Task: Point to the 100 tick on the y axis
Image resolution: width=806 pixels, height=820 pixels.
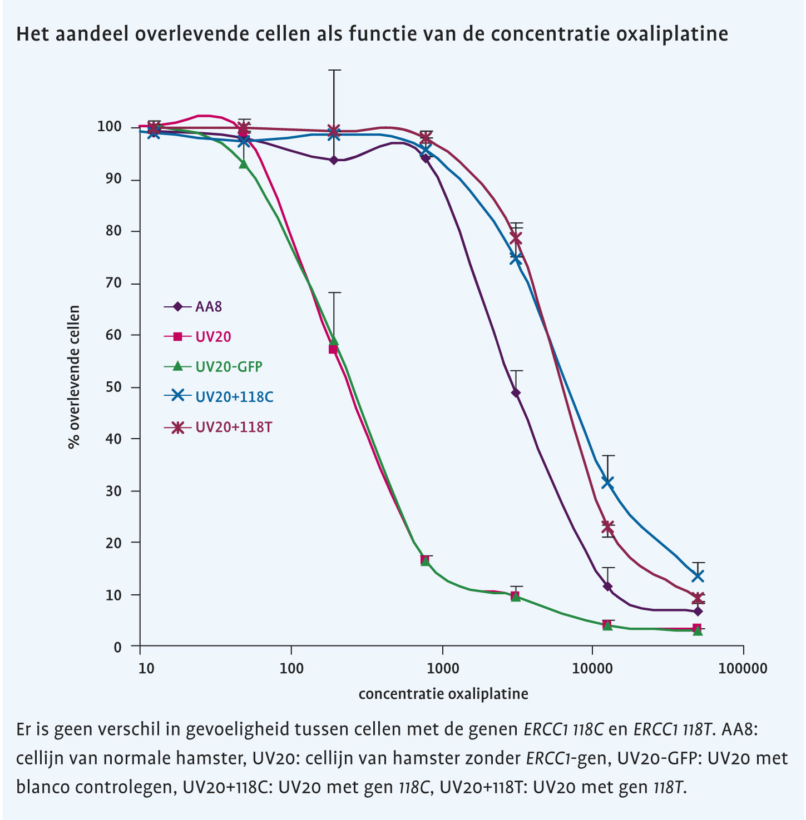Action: coord(110,127)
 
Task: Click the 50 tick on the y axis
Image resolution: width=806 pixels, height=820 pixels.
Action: coord(113,387)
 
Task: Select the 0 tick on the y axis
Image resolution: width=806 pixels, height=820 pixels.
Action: coord(117,647)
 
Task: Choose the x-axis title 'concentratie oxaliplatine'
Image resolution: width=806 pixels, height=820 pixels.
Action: coord(443,693)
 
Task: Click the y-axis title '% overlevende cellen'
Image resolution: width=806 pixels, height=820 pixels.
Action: coord(74,377)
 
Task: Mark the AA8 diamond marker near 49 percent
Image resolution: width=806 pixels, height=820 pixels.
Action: coord(516,392)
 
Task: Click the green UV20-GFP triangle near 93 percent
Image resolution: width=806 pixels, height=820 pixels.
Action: coord(243,163)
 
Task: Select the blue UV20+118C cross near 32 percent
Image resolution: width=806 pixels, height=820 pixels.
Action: coord(607,483)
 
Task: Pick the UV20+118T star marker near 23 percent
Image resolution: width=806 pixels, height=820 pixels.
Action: coord(607,527)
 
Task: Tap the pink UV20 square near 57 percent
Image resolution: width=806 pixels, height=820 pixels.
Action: coord(333,349)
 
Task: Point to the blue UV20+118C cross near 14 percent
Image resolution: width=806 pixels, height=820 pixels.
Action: coord(698,575)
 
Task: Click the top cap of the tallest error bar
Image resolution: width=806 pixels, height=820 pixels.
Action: coord(334,71)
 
